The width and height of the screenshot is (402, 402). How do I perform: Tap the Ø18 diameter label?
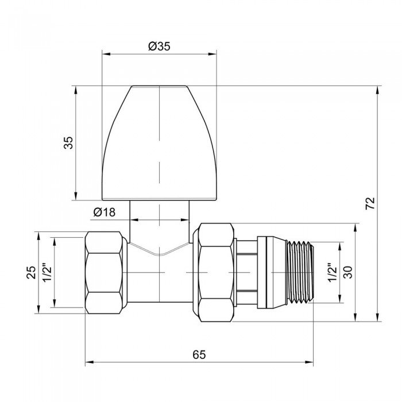pyautogui.click(x=104, y=212)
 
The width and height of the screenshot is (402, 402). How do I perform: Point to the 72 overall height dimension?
pyautogui.click(x=370, y=202)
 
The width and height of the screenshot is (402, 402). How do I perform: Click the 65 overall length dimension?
pyautogui.click(x=199, y=355)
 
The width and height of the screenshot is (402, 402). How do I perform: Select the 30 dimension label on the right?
pyautogui.click(x=346, y=273)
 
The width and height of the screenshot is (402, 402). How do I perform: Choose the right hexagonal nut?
pyautogui.click(x=214, y=270)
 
